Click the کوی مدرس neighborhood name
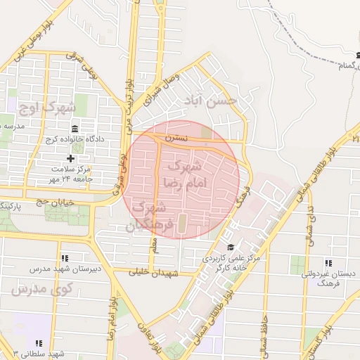(x=34, y=290)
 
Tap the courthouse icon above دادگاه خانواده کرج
(x=75, y=128)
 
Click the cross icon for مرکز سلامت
(x=70, y=158)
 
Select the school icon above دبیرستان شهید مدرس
(x=65, y=258)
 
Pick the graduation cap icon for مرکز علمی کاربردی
(x=231, y=247)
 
